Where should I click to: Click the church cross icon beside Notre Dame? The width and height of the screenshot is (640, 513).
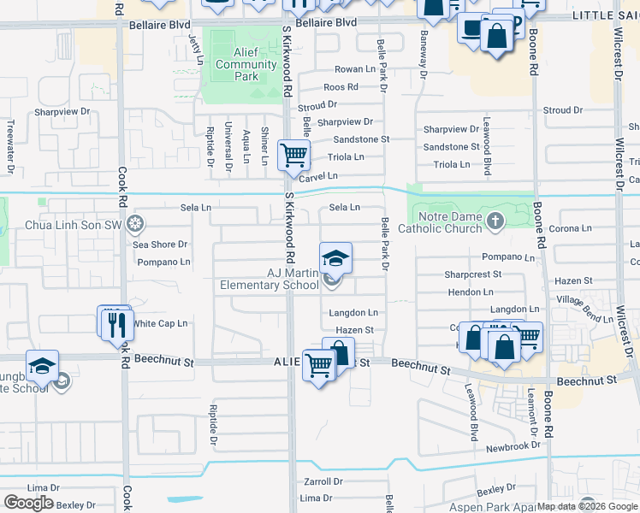pos(495,222)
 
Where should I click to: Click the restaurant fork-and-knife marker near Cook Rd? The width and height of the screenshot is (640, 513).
pos(116,324)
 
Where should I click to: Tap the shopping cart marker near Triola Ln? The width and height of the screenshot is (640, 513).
pos(294,156)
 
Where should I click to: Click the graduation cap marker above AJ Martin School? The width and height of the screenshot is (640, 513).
pos(335,258)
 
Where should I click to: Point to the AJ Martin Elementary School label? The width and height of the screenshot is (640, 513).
pos(270,279)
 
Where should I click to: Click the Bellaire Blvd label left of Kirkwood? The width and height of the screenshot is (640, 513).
pos(160,26)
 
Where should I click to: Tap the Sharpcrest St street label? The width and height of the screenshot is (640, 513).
pos(472,274)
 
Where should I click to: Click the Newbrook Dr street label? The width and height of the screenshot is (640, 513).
pos(513,447)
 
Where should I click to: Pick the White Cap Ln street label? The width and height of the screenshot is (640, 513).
pos(160,324)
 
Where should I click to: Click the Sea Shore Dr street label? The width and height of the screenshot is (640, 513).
pos(160,245)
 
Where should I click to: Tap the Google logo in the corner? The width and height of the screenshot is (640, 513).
pos(28,503)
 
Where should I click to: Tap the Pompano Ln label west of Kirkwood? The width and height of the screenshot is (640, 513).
pos(163,262)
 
